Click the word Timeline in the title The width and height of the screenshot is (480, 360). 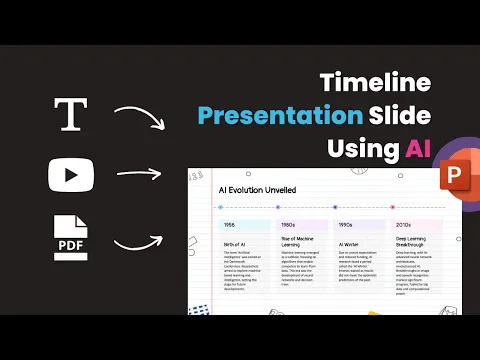pos(375,83)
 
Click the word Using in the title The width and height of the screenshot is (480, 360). pos(363,149)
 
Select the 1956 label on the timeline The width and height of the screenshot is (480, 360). pos(230,225)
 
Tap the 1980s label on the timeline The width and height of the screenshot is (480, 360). pos(287,225)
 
